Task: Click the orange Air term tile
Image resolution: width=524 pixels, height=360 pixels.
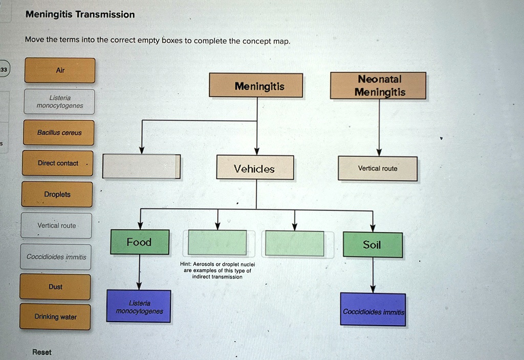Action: [60, 70]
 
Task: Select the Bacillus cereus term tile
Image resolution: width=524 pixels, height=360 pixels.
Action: [59, 133]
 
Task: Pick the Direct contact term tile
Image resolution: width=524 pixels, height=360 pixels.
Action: [58, 163]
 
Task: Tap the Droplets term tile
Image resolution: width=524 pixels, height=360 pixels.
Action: [57, 195]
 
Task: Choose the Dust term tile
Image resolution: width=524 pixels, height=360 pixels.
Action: [55, 287]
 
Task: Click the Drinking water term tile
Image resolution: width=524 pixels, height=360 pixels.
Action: [55, 317]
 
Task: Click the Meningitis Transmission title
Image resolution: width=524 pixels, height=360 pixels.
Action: [80, 14]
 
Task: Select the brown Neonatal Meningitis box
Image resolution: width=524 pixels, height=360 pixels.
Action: [378, 86]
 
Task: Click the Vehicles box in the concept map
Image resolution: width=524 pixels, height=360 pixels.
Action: [255, 168]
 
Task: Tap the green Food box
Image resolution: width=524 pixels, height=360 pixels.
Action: [140, 242]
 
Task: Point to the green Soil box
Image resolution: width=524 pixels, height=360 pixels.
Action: [372, 245]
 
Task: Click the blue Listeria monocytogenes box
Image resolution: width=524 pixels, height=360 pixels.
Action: [139, 307]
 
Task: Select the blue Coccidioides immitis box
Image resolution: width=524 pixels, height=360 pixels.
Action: [373, 310]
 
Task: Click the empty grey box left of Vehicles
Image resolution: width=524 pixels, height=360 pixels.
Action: [141, 166]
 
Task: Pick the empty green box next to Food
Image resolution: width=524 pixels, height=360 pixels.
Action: [217, 243]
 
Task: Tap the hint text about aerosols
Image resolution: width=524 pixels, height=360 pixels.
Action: [217, 270]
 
